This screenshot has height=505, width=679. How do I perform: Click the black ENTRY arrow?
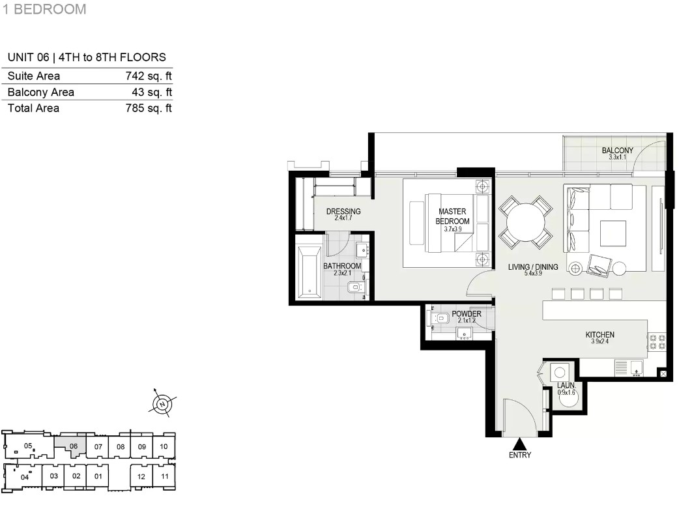point(519,444)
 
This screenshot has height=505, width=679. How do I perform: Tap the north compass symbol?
point(162,404)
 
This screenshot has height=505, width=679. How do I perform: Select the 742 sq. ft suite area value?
point(149,76)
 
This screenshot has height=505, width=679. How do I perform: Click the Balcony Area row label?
point(40,93)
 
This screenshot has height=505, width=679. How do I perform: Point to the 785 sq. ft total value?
point(149,108)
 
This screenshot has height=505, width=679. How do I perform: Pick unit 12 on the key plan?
point(141,476)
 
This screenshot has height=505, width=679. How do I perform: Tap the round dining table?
point(525,222)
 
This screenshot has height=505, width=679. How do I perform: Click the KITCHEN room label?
point(600,335)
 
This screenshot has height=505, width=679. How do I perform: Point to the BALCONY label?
point(618,151)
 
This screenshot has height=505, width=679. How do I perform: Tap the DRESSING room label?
point(343,211)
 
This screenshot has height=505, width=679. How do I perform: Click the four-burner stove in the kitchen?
point(657,341)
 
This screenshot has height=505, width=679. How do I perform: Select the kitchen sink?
point(636,368)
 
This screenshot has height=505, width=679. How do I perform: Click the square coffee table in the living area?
point(613,234)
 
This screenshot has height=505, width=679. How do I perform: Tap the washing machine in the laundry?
point(560,373)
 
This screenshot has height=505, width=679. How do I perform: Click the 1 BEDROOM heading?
point(44,9)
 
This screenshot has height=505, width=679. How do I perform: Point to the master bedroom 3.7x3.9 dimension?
point(452,229)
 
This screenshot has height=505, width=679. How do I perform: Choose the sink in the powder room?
point(465,334)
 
